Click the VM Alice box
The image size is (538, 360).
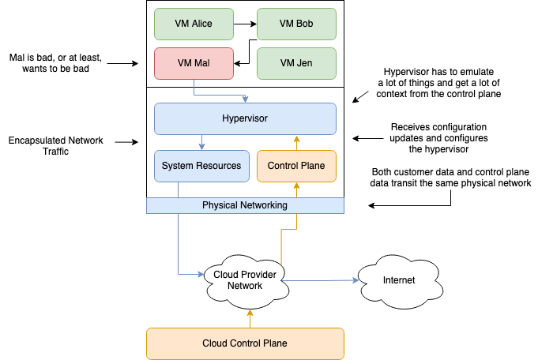coord(194,24)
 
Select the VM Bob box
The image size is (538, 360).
coord(296,24)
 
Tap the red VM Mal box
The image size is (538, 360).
coord(194,63)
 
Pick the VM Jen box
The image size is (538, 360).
coord(296,63)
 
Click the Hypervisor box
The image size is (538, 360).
coord(245,118)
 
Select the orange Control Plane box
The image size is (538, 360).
coord(296,166)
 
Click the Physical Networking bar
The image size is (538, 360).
coord(245,205)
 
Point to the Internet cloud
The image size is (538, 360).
coord(398,279)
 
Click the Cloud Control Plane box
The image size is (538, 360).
coord(245,343)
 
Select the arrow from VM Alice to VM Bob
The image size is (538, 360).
coord(245,24)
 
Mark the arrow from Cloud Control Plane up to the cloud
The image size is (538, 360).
coord(250,317)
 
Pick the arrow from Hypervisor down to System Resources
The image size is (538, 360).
coord(203,142)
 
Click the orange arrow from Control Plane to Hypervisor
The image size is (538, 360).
coord(296,142)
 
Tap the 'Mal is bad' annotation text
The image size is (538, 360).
coord(55,64)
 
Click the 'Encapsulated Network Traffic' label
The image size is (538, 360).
coord(55,146)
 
